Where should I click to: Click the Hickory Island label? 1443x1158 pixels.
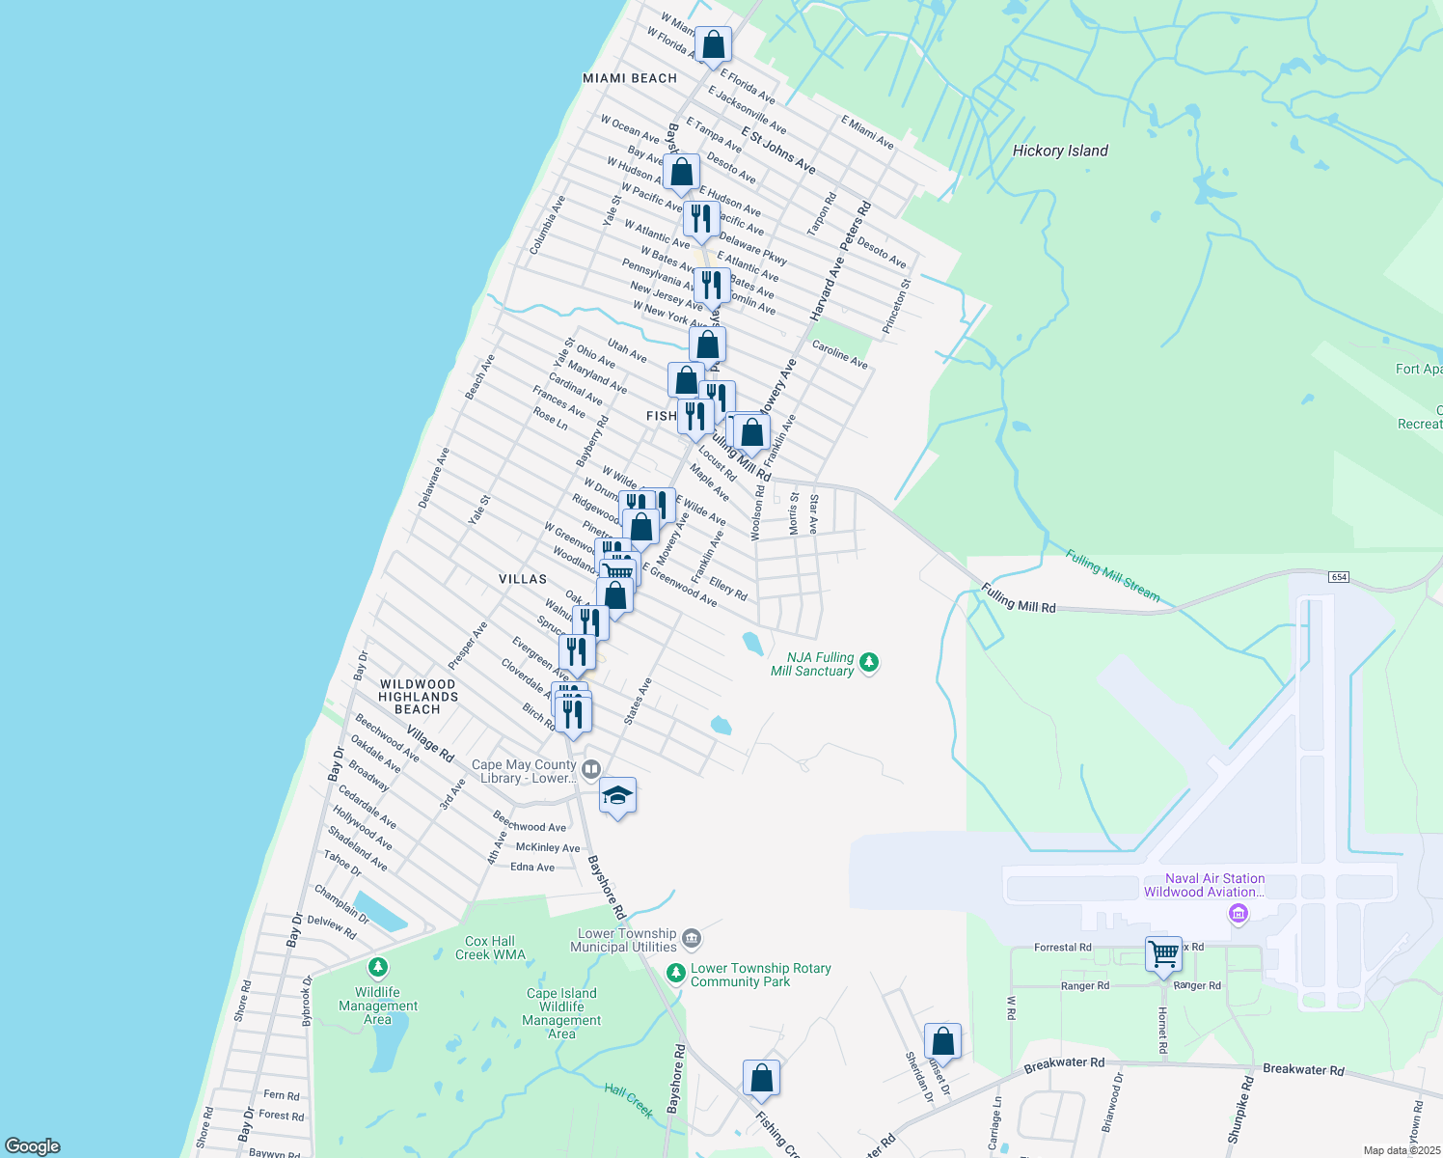click(x=1060, y=151)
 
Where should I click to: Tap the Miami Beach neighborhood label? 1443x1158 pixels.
click(x=630, y=78)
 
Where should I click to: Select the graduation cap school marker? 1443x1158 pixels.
click(x=617, y=797)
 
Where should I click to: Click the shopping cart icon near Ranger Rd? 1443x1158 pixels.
click(x=1164, y=953)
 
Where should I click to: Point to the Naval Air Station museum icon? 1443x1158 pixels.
click(x=1239, y=913)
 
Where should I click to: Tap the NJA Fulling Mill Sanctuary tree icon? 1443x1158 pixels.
click(x=869, y=662)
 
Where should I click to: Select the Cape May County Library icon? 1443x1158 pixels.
click(x=591, y=769)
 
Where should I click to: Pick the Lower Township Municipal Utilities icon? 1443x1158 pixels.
click(x=691, y=938)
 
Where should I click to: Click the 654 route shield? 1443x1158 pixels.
click(x=1338, y=577)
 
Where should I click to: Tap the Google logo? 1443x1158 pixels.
click(x=32, y=1146)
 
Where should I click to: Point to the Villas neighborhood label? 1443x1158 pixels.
click(x=523, y=579)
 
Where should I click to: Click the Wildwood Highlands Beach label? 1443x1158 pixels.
click(x=418, y=697)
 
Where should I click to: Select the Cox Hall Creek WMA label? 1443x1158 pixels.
click(x=490, y=948)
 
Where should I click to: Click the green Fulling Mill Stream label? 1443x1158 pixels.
click(x=1112, y=575)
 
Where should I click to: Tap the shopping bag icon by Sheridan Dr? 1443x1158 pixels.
click(x=942, y=1042)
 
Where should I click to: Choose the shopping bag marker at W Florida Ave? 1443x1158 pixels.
click(x=713, y=44)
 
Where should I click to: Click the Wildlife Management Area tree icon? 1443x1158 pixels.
click(x=378, y=966)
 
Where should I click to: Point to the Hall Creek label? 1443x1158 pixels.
click(x=629, y=1100)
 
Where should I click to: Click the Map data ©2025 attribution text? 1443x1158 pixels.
click(x=1402, y=1150)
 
